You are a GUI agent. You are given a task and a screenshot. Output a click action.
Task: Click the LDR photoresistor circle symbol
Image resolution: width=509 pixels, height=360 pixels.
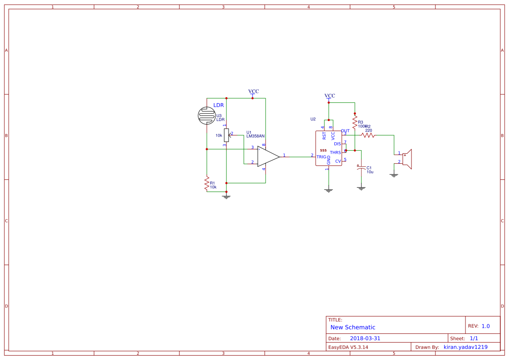pyautogui.click(x=207, y=115)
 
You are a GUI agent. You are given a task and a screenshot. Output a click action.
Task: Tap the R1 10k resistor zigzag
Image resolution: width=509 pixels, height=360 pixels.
pyautogui.click(x=207, y=183)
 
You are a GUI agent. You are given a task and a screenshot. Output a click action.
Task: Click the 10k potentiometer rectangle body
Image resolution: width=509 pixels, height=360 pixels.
pyautogui.click(x=226, y=135)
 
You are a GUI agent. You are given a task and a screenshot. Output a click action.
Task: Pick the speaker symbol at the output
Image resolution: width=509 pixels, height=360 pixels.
pyautogui.click(x=407, y=159)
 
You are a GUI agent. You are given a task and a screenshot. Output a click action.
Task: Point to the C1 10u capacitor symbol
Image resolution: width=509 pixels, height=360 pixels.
pyautogui.click(x=361, y=169)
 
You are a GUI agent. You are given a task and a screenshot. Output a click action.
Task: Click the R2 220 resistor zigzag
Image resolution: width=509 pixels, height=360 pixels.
pyautogui.click(x=368, y=135)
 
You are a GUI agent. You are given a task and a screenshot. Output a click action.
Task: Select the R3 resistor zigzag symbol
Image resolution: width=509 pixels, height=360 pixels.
pyautogui.click(x=355, y=121)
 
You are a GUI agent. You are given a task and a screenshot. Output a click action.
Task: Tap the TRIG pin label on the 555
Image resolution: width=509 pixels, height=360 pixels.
pyautogui.click(x=321, y=157)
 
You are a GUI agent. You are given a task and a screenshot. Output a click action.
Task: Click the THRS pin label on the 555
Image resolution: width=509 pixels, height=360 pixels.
pyautogui.click(x=335, y=152)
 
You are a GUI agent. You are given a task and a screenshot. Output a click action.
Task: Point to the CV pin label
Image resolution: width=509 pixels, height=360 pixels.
pyautogui.click(x=338, y=161)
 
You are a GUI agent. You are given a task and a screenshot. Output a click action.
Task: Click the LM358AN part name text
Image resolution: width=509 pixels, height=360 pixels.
pyautogui.click(x=255, y=136)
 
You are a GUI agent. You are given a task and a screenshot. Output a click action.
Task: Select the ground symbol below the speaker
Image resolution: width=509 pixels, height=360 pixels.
pyautogui.click(x=394, y=175)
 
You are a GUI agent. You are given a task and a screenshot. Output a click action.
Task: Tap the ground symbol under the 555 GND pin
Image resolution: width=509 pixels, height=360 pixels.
pyautogui.click(x=329, y=190)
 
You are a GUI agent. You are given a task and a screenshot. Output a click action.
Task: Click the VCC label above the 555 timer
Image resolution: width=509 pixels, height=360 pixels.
pyautogui.click(x=330, y=96)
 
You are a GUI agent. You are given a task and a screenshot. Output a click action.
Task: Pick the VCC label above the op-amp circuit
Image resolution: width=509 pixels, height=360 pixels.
pyautogui.click(x=253, y=91)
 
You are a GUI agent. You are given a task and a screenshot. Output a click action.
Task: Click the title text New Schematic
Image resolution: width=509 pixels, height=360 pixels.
pyautogui.click(x=353, y=327)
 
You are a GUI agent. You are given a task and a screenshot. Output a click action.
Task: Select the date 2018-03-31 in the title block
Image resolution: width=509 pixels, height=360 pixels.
pyautogui.click(x=365, y=338)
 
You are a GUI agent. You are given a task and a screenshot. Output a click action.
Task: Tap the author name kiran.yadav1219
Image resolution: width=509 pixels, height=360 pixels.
pyautogui.click(x=465, y=347)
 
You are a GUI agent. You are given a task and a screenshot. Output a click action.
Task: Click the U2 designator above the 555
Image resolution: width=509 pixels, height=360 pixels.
pyautogui.click(x=313, y=119)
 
